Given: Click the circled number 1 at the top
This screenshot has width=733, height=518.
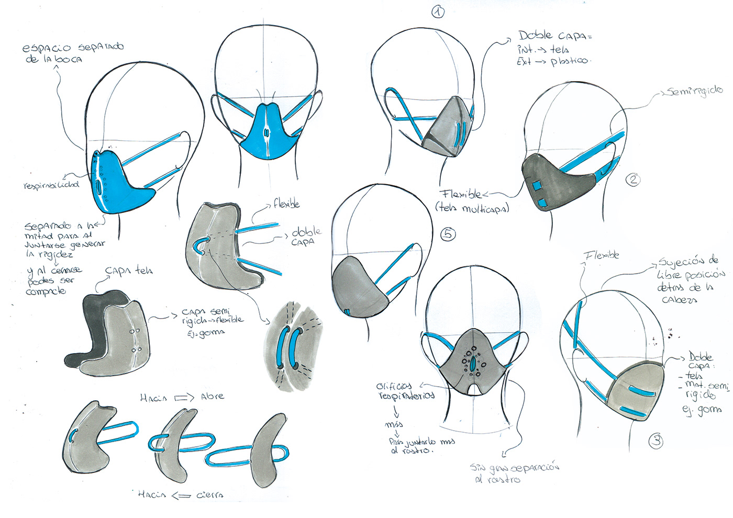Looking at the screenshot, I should click(x=438, y=12).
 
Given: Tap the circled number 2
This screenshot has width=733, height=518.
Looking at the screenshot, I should click(x=633, y=180).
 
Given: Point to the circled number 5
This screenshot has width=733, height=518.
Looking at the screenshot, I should click(x=448, y=234).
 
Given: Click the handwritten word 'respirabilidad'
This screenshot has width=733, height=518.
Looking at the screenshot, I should click(x=51, y=185).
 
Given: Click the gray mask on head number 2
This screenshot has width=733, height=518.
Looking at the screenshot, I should click(x=555, y=181).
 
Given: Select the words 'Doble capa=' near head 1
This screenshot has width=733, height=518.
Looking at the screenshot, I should click(x=555, y=36).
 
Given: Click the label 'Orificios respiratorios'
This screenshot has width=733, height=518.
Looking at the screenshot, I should click(x=404, y=391).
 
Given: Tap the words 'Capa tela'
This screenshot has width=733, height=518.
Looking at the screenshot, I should click(x=129, y=271).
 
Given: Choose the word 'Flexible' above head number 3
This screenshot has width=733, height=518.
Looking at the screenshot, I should click(x=602, y=255).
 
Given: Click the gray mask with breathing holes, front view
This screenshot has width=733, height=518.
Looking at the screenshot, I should click(x=474, y=361).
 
